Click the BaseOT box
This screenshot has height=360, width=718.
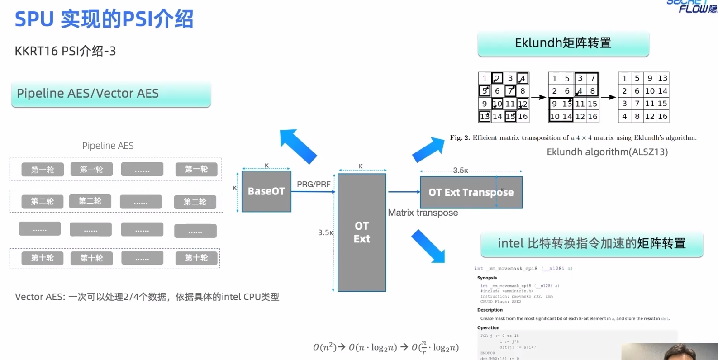click(266, 191)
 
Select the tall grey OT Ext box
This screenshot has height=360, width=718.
click(361, 232)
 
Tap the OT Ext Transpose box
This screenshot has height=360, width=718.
click(471, 192)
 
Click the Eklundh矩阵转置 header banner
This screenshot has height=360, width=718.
click(563, 43)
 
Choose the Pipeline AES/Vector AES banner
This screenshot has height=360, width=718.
click(111, 94)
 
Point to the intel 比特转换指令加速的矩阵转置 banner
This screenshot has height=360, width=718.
click(591, 244)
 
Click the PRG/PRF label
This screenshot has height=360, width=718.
click(314, 184)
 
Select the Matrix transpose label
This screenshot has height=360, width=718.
click(423, 213)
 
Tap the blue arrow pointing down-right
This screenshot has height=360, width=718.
click(428, 246)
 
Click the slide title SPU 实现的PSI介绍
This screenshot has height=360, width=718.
click(104, 19)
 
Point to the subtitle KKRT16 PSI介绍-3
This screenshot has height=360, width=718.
click(65, 51)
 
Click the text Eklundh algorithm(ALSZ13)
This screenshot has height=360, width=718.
click(607, 152)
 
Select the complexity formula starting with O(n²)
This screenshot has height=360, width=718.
click(385, 347)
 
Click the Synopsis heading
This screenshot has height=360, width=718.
click(487, 278)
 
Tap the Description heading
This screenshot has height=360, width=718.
click(490, 310)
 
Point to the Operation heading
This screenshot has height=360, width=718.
click(488, 327)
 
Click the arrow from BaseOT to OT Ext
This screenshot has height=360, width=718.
click(314, 192)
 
